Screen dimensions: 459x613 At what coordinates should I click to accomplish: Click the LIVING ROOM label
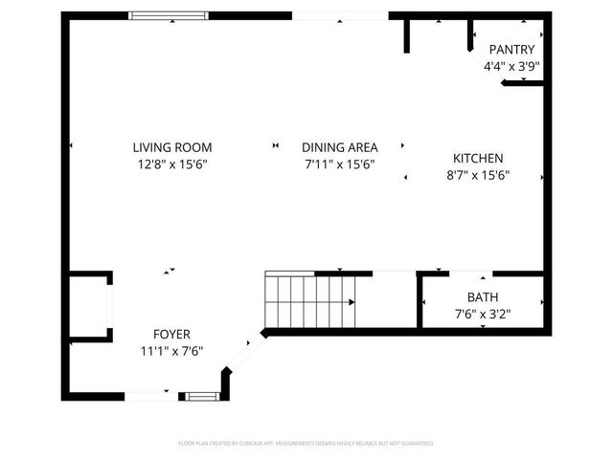(x=172, y=147)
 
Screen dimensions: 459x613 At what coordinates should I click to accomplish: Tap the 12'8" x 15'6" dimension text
(x=172, y=164)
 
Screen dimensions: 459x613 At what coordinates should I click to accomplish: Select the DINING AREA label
(x=340, y=147)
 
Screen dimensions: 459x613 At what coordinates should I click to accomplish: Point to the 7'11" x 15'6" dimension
(x=340, y=164)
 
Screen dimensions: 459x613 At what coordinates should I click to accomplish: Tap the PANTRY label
(x=511, y=50)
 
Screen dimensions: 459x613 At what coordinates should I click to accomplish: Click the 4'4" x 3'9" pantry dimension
(x=511, y=67)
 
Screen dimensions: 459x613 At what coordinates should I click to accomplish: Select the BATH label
(x=483, y=297)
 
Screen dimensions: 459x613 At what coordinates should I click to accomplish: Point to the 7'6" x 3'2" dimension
(x=483, y=314)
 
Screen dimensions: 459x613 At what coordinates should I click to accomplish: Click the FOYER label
(x=171, y=334)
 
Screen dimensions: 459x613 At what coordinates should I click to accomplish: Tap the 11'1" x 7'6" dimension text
(x=171, y=351)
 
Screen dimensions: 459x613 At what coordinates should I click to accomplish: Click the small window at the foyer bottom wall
(x=201, y=395)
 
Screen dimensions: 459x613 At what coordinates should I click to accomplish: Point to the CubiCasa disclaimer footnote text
(x=306, y=444)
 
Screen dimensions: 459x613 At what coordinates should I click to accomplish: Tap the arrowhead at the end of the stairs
(x=352, y=302)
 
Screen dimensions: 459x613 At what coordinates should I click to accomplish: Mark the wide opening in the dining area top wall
(x=340, y=15)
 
